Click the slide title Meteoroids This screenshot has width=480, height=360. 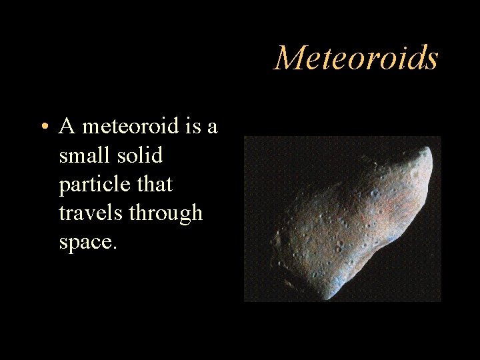pyautogui.click(x=357, y=58)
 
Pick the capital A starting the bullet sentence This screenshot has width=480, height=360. pyautogui.click(x=66, y=125)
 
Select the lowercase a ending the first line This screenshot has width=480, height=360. pyautogui.click(x=213, y=127)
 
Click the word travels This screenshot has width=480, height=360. pyautogui.click(x=90, y=213)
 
